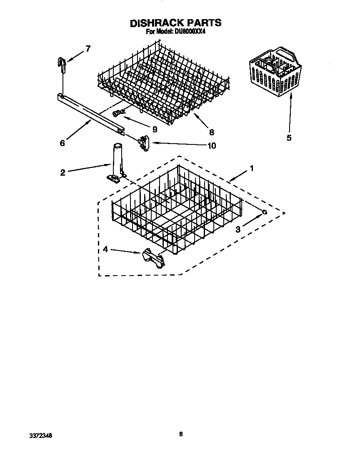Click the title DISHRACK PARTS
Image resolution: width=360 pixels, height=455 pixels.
(175, 23)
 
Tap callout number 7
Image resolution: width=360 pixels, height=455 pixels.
(87, 49)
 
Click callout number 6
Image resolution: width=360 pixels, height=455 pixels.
(62, 143)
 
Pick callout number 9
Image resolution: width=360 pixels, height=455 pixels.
(155, 129)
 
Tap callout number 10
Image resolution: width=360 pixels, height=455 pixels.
(212, 146)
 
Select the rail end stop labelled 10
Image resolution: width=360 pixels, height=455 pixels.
(144, 143)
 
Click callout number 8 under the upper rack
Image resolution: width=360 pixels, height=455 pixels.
(212, 132)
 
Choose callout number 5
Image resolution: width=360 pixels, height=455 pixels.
(289, 138)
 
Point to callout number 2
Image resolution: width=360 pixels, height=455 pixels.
(62, 172)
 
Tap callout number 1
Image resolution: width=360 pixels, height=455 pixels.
(251, 168)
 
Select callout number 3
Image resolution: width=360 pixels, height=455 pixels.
(238, 229)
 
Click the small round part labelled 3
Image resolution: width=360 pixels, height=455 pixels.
(264, 212)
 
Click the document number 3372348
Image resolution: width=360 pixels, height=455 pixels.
(40, 435)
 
